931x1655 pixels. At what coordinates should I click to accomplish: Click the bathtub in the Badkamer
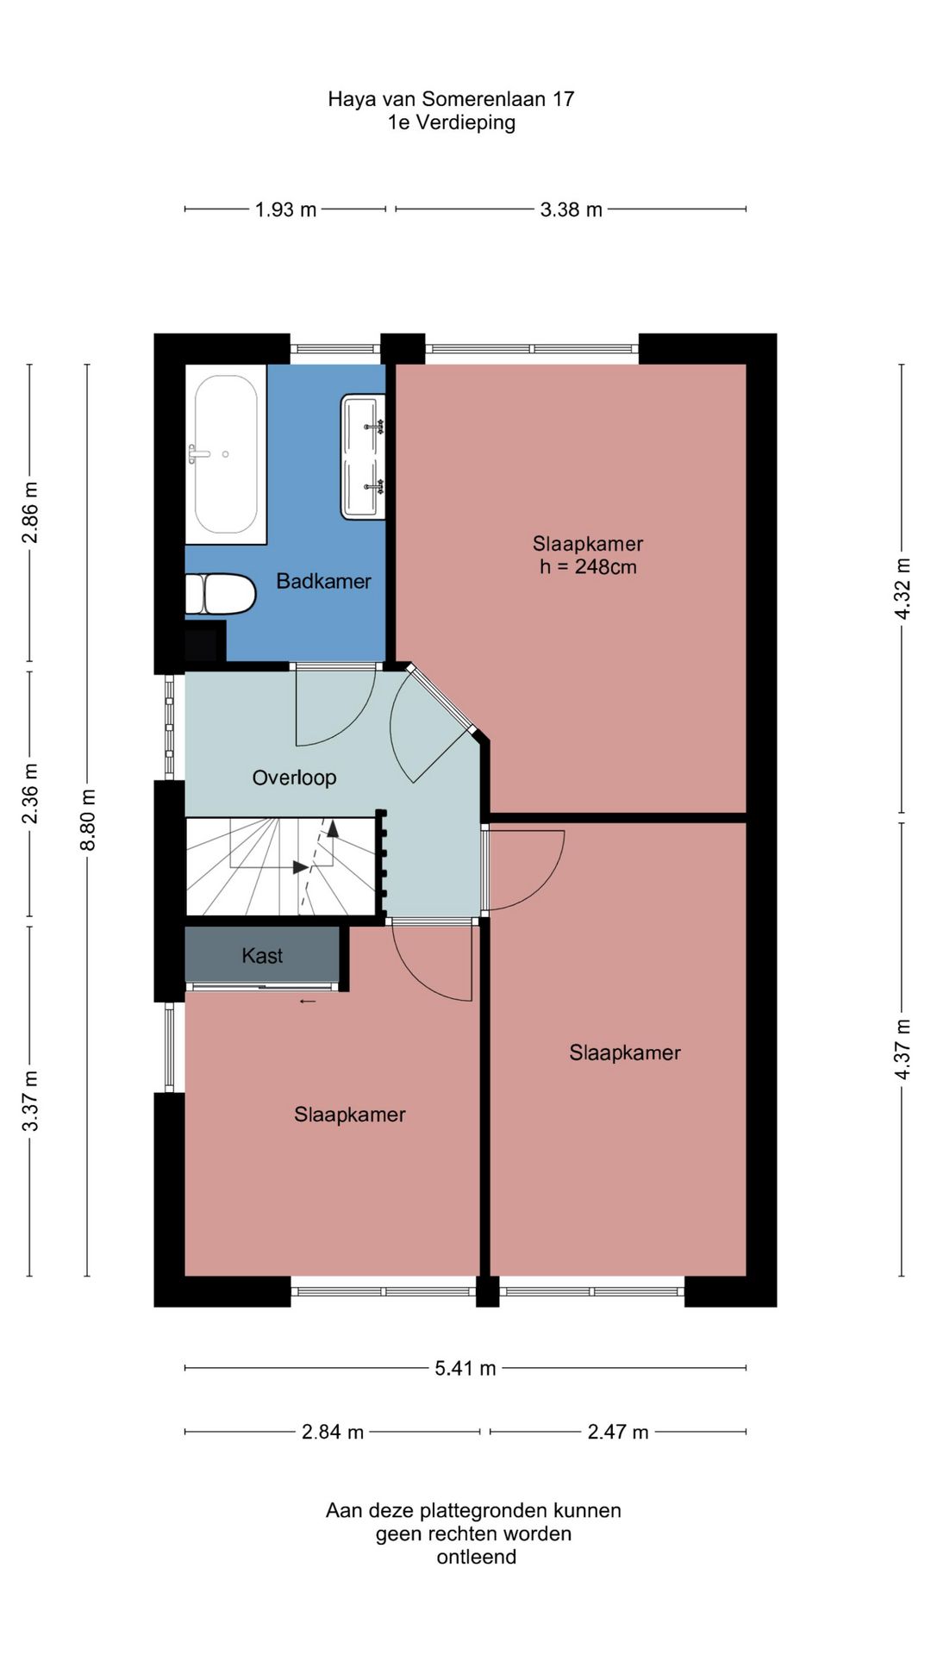click(226, 454)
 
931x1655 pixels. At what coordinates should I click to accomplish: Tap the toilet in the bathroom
click(221, 594)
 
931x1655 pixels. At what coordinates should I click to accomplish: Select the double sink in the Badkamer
click(363, 457)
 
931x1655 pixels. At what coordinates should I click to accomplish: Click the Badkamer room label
click(323, 581)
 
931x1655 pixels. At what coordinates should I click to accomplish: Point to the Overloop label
click(294, 778)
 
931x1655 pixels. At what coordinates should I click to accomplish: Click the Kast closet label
click(262, 955)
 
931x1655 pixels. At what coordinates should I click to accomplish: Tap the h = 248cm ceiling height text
click(588, 566)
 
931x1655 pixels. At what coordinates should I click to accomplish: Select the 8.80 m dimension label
click(88, 820)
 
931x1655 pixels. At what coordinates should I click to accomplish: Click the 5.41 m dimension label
click(465, 1368)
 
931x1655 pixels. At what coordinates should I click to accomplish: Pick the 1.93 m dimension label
click(285, 209)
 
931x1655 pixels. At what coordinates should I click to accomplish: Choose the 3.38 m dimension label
click(571, 209)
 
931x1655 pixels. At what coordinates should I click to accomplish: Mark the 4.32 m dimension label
click(902, 588)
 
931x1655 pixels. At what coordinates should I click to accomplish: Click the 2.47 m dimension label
click(618, 1432)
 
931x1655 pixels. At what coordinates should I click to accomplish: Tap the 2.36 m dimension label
click(30, 793)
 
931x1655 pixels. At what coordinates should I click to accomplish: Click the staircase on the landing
click(282, 866)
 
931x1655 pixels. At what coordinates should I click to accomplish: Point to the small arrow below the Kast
click(308, 1002)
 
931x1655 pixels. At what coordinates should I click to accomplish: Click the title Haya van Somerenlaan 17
click(451, 99)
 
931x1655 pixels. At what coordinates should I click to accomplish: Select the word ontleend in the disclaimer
click(477, 1558)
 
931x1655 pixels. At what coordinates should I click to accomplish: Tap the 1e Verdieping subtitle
click(452, 122)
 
